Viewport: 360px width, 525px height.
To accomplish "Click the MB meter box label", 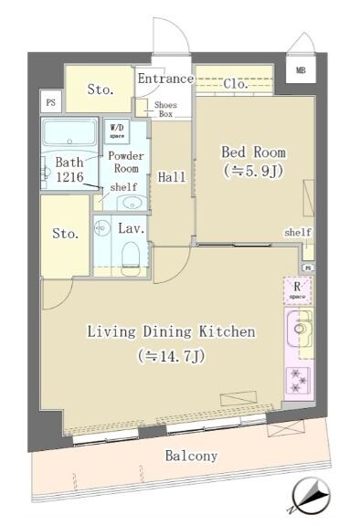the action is pyautogui.click(x=301, y=70).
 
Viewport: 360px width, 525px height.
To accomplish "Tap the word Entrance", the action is pyautogui.click(x=165, y=79).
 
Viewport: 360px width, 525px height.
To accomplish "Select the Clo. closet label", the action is pyautogui.click(x=236, y=84).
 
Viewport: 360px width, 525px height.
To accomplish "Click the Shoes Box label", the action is pyautogui.click(x=165, y=110).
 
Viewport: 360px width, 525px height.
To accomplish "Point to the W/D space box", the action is pyautogui.click(x=117, y=131).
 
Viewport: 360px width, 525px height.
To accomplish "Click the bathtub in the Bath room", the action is pyautogui.click(x=69, y=133).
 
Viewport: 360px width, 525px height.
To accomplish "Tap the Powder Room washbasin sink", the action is pyautogui.click(x=131, y=203).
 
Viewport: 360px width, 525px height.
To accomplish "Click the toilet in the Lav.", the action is pyautogui.click(x=131, y=258).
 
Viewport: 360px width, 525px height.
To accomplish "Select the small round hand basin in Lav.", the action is pyautogui.click(x=101, y=228).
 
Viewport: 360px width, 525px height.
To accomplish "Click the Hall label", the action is pyautogui.click(x=172, y=177).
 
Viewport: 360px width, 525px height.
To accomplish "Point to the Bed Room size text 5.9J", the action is pyautogui.click(x=253, y=171).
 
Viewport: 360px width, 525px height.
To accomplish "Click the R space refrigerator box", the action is pyautogui.click(x=298, y=290).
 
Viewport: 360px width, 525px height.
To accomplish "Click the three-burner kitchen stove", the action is pyautogui.click(x=298, y=381).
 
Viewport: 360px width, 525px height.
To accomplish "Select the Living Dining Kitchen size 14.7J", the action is pyautogui.click(x=171, y=356).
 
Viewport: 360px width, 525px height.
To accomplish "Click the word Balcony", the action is pyautogui.click(x=191, y=456).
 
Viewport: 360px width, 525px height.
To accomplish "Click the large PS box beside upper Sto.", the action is pyautogui.click(x=51, y=101).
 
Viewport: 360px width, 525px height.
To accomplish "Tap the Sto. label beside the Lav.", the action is pyautogui.click(x=66, y=234).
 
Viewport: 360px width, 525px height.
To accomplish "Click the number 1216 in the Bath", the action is pyautogui.click(x=69, y=177).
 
